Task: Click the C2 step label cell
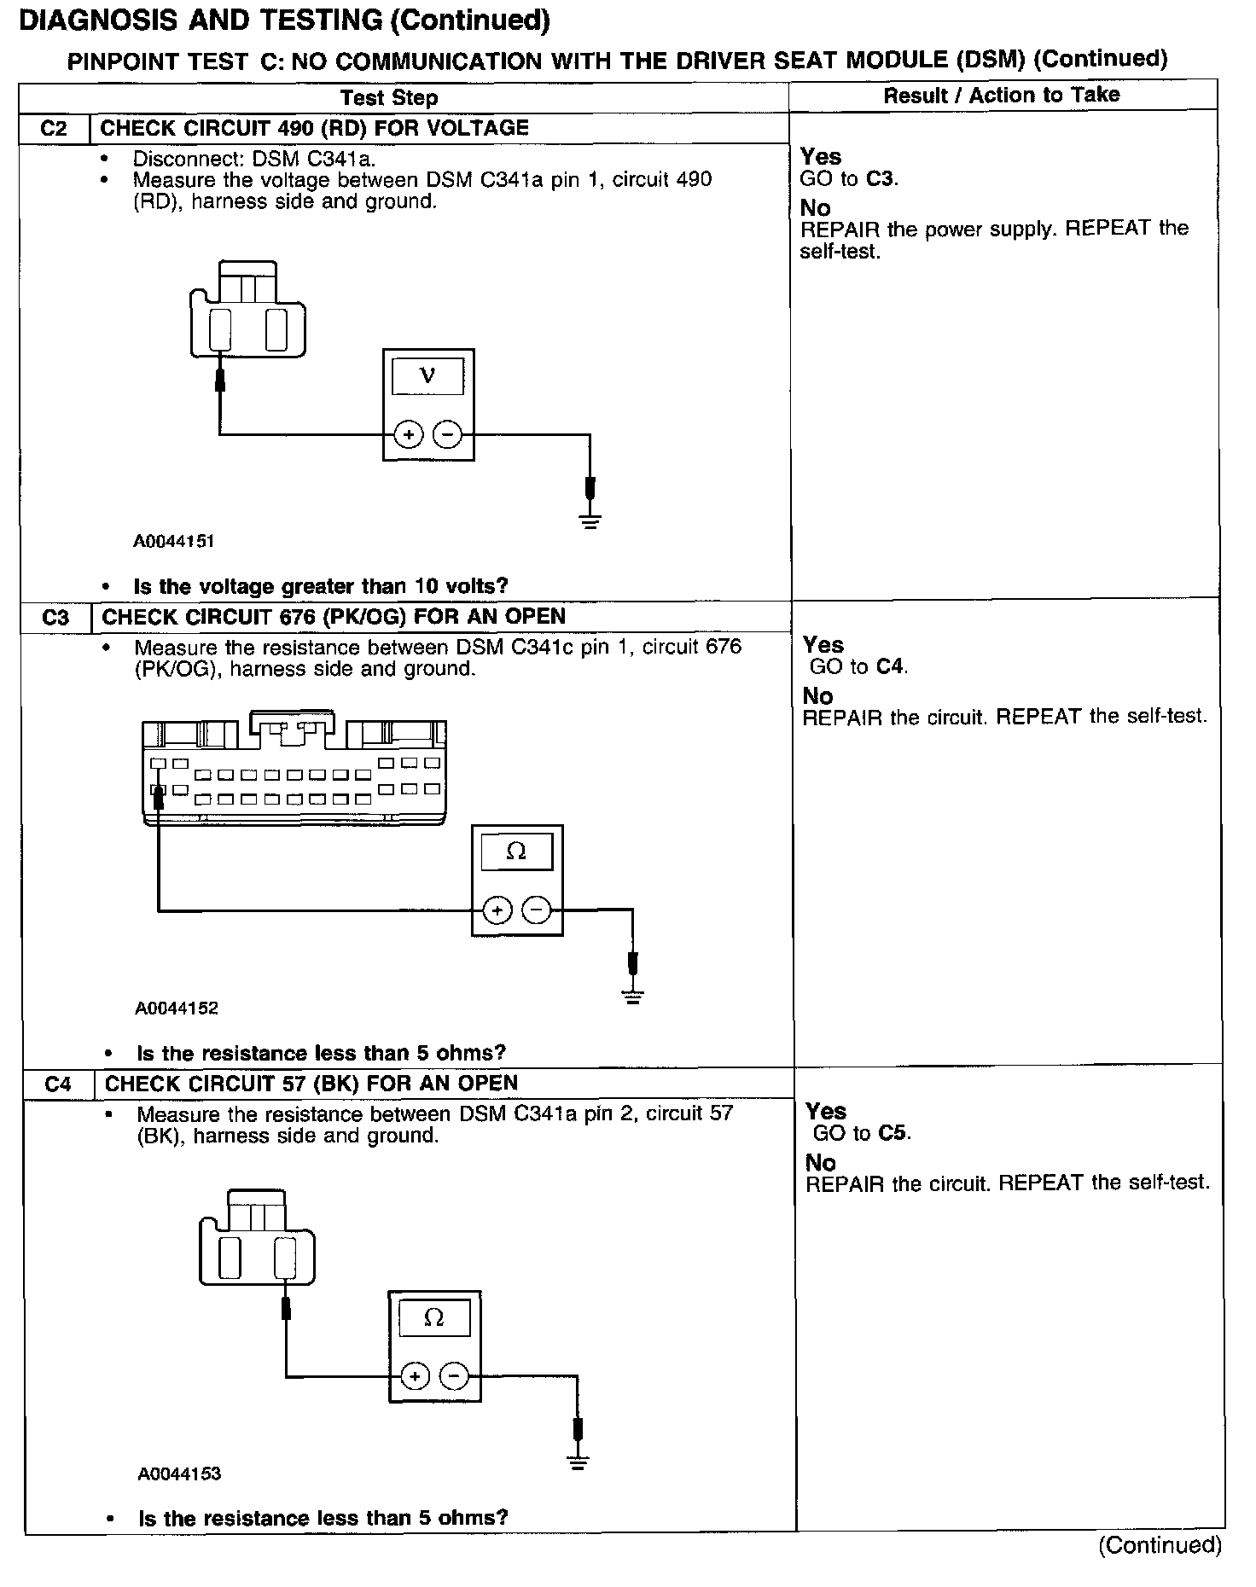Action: click(53, 129)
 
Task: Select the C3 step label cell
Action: click(55, 617)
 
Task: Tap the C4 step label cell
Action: click(57, 1084)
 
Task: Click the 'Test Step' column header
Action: click(389, 97)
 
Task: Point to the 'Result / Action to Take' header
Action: click(1001, 95)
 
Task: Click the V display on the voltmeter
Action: click(428, 376)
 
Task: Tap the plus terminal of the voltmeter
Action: click(409, 435)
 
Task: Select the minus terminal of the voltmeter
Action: click(447, 435)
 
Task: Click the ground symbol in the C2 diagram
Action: click(590, 520)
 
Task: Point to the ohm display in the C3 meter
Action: click(516, 852)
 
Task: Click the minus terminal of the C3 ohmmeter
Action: click(536, 911)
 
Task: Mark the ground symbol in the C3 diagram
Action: click(632, 996)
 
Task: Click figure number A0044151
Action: click(173, 541)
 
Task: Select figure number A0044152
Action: click(177, 1008)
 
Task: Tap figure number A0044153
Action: click(179, 1474)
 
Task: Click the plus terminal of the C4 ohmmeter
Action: click(415, 1376)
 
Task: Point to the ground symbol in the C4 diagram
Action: click(578, 1463)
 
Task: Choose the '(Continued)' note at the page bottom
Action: click(1160, 1545)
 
